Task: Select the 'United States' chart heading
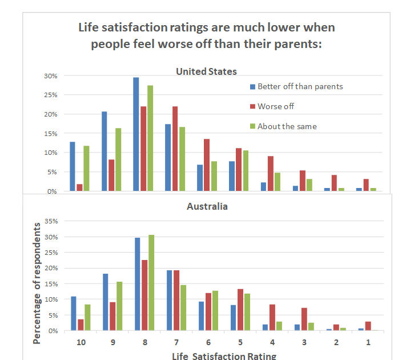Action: pyautogui.click(x=206, y=71)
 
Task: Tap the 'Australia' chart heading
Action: pyautogui.click(x=207, y=206)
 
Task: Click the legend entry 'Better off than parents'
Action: pyautogui.click(x=300, y=87)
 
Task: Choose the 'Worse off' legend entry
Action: pyautogui.click(x=276, y=106)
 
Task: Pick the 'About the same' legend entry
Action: pyautogui.click(x=287, y=126)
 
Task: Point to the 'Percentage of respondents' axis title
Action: pyautogui.click(x=37, y=283)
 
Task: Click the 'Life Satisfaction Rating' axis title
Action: pyautogui.click(x=224, y=355)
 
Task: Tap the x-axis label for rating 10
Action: pyautogui.click(x=81, y=342)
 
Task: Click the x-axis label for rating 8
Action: pyautogui.click(x=144, y=342)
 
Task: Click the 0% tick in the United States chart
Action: pyautogui.click(x=51, y=191)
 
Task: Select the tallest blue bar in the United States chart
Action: pyautogui.click(x=136, y=134)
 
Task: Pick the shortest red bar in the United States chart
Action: pyautogui.click(x=79, y=187)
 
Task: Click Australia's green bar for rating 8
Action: pyautogui.click(x=151, y=283)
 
